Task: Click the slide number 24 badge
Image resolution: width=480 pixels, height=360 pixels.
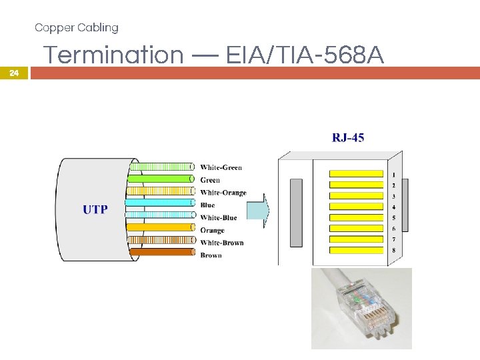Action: (x=15, y=73)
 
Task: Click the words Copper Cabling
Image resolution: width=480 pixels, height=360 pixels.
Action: (x=77, y=27)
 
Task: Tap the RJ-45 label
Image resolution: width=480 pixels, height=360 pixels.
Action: (x=348, y=138)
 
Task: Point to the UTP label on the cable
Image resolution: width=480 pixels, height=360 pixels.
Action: (x=95, y=209)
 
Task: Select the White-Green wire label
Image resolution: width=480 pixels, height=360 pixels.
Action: (x=221, y=167)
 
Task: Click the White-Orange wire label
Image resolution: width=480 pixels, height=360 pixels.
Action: (x=223, y=193)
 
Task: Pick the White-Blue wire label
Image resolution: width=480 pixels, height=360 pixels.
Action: (x=218, y=218)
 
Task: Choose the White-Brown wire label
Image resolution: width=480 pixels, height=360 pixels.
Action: (x=221, y=243)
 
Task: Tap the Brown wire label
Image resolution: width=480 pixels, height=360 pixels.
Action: (x=211, y=255)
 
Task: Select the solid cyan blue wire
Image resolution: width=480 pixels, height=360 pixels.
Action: (x=160, y=203)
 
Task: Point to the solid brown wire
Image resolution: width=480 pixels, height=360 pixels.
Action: (x=160, y=252)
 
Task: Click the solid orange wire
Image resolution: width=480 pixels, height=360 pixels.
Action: (x=160, y=227)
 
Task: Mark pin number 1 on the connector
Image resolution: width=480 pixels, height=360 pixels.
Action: (x=393, y=175)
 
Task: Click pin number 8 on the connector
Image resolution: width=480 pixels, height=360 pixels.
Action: (x=393, y=250)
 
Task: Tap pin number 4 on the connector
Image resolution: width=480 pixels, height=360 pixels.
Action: (x=393, y=207)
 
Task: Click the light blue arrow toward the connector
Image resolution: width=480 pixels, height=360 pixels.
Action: (x=256, y=211)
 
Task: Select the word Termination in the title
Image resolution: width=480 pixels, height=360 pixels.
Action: (x=113, y=55)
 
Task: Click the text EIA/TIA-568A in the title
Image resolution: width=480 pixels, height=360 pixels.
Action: (x=305, y=55)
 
